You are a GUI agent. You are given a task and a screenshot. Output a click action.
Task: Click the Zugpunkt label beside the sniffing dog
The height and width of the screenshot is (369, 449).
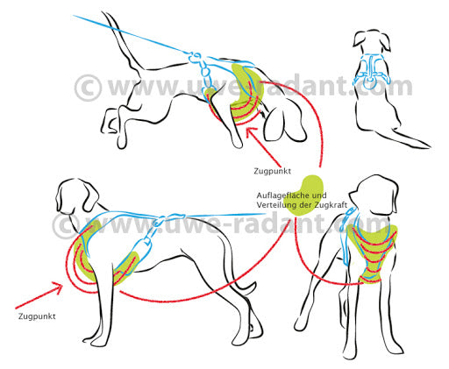(272, 171)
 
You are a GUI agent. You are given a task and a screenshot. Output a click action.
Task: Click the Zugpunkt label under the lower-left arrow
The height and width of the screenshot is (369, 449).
(37, 316)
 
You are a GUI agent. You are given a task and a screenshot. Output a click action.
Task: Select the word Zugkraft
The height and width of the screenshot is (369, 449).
(331, 204)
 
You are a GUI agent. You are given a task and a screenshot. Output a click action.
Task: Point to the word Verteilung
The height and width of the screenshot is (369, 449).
(274, 204)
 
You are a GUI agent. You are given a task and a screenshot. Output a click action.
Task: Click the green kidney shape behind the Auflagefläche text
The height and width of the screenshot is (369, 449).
(304, 195)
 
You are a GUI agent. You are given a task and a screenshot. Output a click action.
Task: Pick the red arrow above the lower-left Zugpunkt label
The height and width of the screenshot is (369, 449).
(39, 294)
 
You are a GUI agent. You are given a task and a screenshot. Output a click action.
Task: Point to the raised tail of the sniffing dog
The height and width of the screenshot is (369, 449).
(123, 44)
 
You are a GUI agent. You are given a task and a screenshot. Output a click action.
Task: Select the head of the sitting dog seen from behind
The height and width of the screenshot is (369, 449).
(372, 42)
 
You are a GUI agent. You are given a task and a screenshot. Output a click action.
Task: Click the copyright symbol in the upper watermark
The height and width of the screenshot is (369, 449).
(88, 88)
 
